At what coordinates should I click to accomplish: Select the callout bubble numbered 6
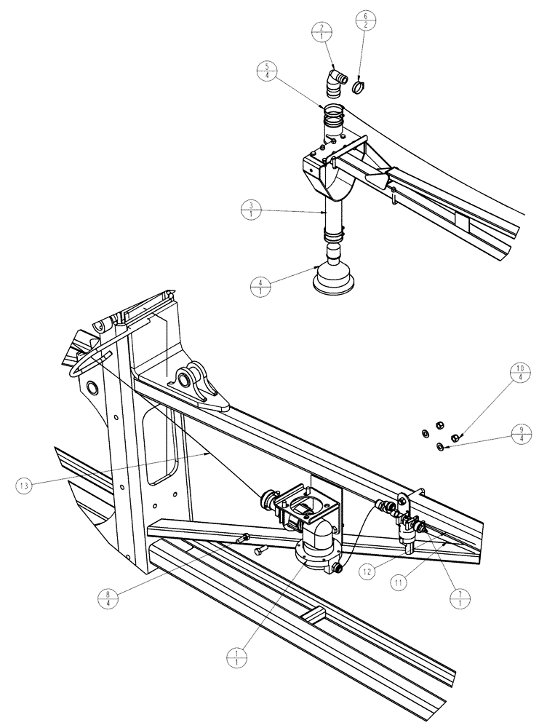[x=364, y=20]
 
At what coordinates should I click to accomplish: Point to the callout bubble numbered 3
[x=250, y=210]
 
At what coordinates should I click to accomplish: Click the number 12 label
[x=370, y=572]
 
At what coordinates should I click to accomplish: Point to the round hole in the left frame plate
[x=93, y=384]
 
